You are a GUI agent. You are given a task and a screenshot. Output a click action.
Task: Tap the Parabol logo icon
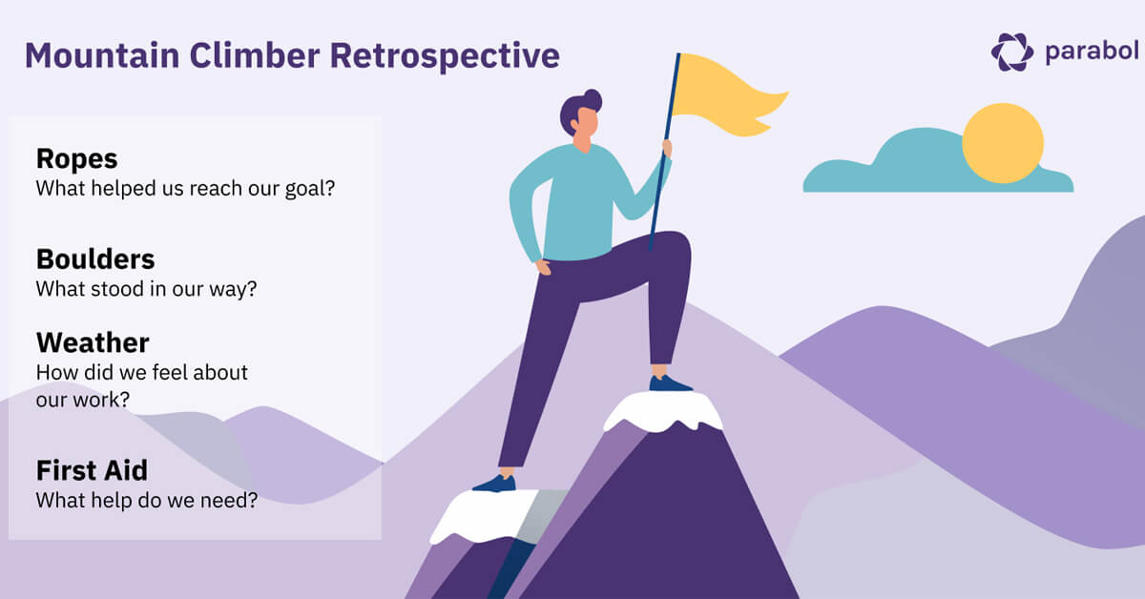tap(1011, 52)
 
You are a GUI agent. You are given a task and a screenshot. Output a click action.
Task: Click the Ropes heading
tap(76, 158)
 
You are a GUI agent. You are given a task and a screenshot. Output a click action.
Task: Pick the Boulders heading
tap(95, 258)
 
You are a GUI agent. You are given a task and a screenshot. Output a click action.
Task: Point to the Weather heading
tap(93, 342)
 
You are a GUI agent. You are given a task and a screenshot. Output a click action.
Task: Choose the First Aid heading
tap(92, 470)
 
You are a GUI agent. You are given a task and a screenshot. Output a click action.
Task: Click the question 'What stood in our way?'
tap(146, 288)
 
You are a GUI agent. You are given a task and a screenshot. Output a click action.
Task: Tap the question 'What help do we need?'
tap(146, 499)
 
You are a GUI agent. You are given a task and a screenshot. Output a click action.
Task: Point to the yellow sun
tap(1002, 143)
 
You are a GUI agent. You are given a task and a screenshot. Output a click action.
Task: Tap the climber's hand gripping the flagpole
tap(667, 149)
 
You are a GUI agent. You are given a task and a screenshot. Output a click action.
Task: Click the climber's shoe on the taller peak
tap(670, 383)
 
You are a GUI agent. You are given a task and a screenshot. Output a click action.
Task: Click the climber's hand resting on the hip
tap(542, 266)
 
